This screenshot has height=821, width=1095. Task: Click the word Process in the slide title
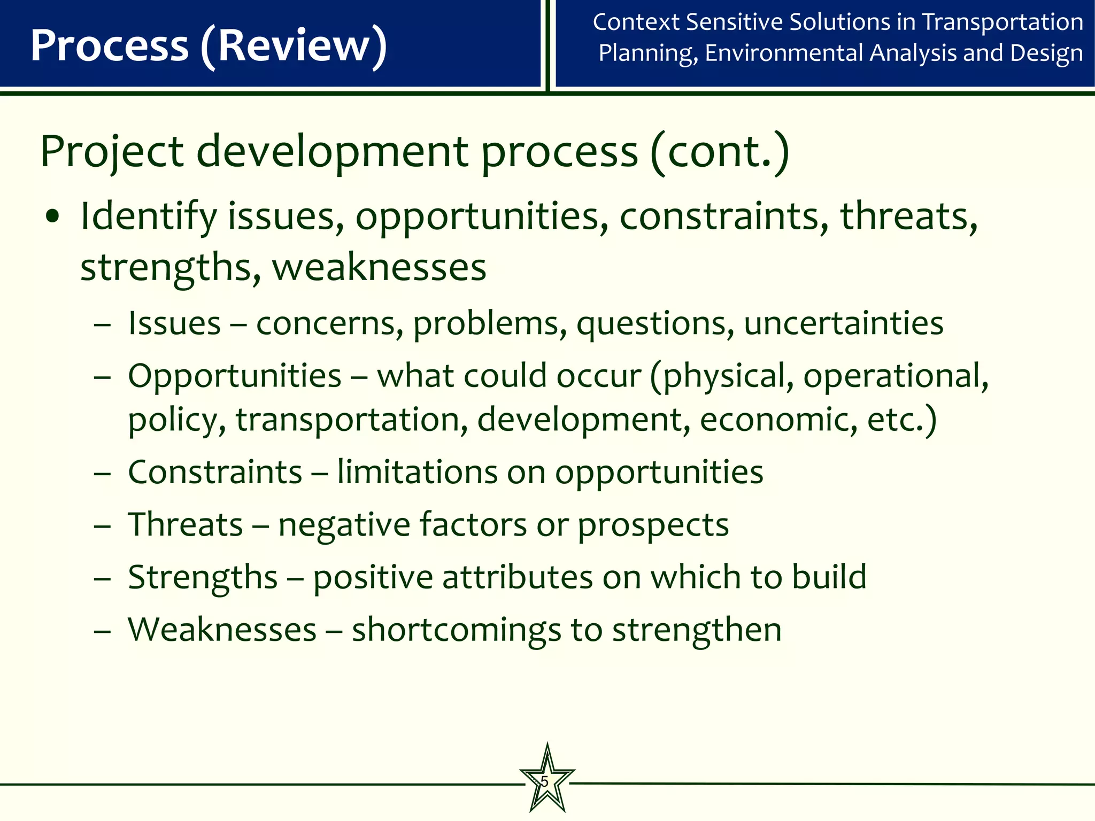click(110, 45)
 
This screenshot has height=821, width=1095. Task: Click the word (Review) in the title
click(294, 47)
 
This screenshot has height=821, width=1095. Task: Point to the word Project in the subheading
click(112, 152)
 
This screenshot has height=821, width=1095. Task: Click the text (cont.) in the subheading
click(720, 152)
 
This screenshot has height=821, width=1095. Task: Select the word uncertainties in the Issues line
click(843, 324)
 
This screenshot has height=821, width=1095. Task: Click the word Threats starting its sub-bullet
click(186, 524)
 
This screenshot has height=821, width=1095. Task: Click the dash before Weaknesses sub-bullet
click(102, 631)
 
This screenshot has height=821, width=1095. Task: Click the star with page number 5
click(547, 781)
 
